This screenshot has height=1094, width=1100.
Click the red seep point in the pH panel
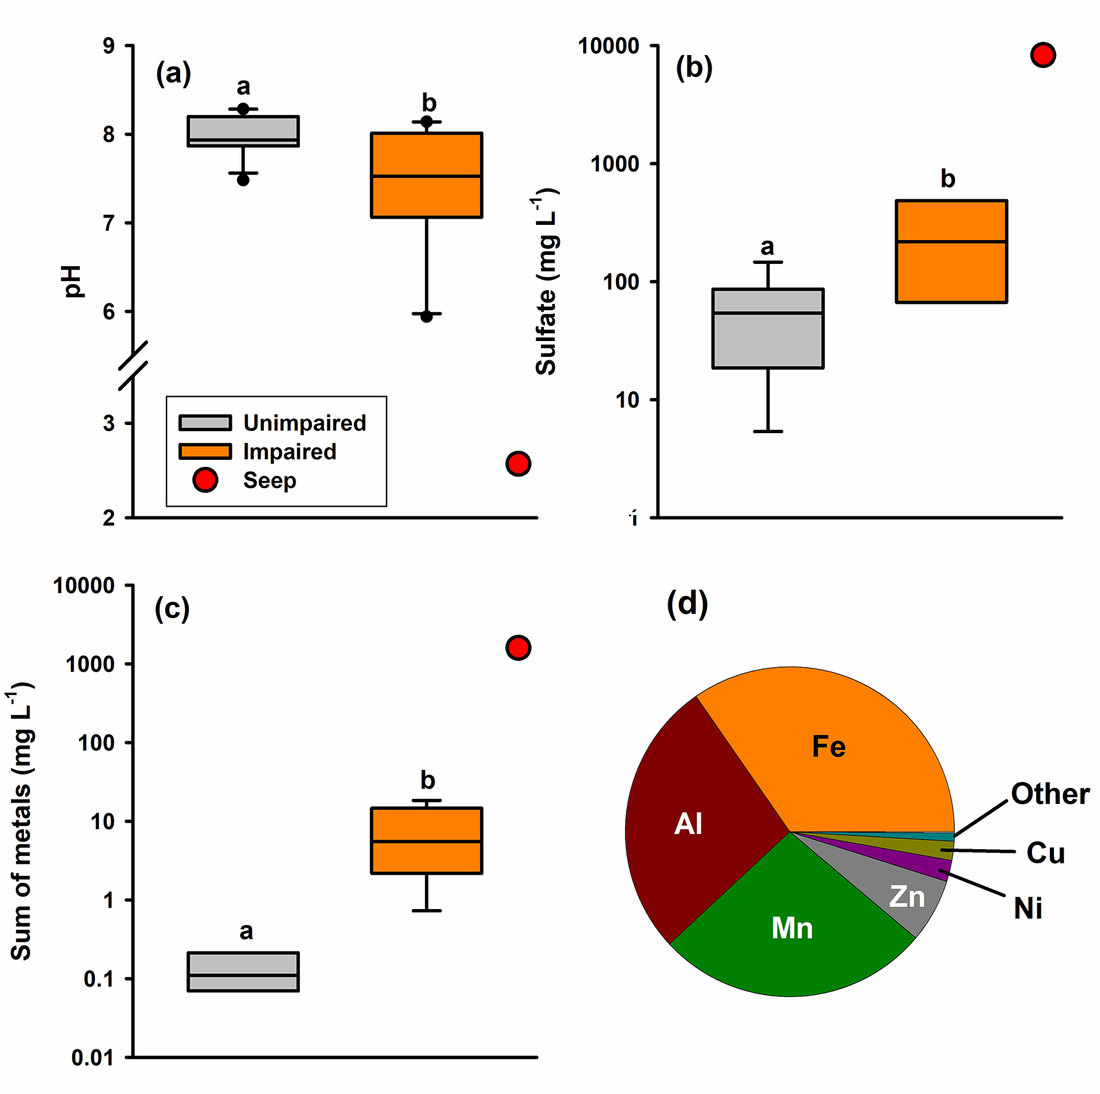518,464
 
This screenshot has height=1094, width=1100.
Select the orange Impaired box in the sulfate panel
951,252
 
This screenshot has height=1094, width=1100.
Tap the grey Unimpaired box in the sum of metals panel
243,972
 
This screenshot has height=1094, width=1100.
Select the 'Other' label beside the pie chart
1050,794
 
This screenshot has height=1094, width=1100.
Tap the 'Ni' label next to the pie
1028,908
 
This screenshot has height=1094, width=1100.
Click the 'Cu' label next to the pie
1045,853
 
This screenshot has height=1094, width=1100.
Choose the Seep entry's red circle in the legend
206,480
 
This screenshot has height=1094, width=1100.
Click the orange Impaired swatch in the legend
205,451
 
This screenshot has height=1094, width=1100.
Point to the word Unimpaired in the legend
305,423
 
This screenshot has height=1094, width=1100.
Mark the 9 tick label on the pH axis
109,46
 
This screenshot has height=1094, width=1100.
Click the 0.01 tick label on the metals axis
93,1058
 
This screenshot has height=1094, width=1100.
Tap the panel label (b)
694,68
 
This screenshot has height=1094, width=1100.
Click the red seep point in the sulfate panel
1043,55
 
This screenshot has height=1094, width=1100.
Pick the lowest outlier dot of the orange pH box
426,316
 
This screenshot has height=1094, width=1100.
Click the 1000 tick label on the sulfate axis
615,164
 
